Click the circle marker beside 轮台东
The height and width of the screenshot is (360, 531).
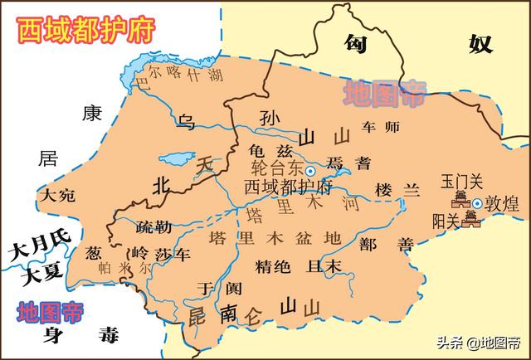tap(310, 170)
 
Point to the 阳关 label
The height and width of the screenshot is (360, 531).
tap(449, 221)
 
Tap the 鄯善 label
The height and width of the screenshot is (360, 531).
tap(381, 244)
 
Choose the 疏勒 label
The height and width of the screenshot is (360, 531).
tap(156, 226)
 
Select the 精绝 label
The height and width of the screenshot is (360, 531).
tap(272, 266)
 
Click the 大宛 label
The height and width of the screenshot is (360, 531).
tap(56, 196)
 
